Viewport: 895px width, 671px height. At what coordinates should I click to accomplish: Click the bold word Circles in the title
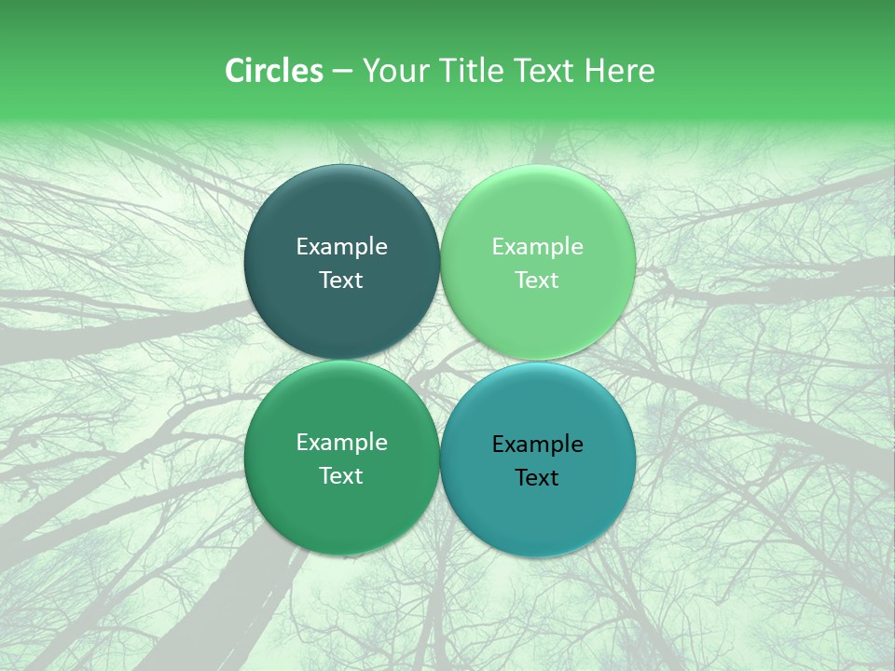point(273,71)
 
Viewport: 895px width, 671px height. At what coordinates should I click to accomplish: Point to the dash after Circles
point(342,72)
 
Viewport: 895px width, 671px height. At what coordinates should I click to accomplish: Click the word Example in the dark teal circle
point(341,247)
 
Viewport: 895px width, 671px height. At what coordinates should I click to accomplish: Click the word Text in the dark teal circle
point(341,281)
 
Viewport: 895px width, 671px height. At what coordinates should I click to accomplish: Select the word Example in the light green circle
point(537,247)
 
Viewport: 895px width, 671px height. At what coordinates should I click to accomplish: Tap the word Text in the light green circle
point(537,281)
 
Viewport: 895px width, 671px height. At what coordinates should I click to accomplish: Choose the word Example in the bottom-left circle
point(341,443)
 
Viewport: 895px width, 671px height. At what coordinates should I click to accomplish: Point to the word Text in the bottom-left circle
point(341,476)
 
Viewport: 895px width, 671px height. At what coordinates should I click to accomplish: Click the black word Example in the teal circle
point(537,445)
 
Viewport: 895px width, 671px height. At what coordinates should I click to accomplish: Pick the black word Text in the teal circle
point(537,478)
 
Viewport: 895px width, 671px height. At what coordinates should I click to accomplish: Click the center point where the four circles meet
point(440,361)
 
